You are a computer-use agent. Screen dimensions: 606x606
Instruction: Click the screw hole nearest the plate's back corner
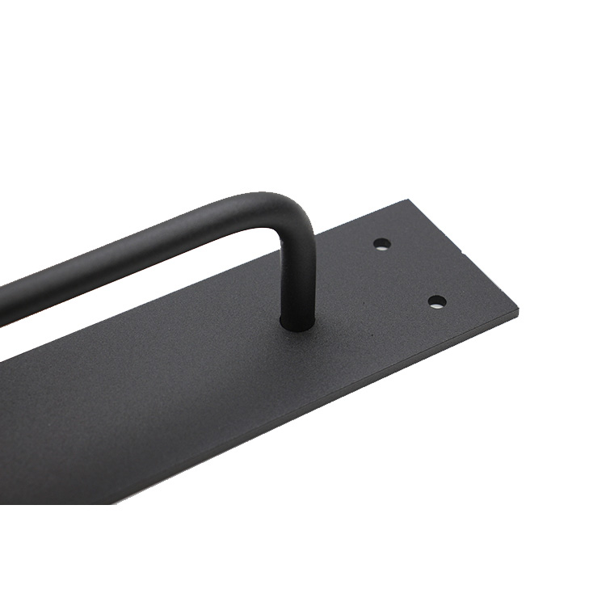tap(382, 243)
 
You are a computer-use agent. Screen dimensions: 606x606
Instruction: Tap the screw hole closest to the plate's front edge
tap(436, 301)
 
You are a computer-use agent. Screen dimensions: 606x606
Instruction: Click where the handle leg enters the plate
tap(297, 322)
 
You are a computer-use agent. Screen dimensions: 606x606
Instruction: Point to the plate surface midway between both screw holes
tap(409, 272)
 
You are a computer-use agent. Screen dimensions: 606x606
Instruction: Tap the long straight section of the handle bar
tap(121, 250)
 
